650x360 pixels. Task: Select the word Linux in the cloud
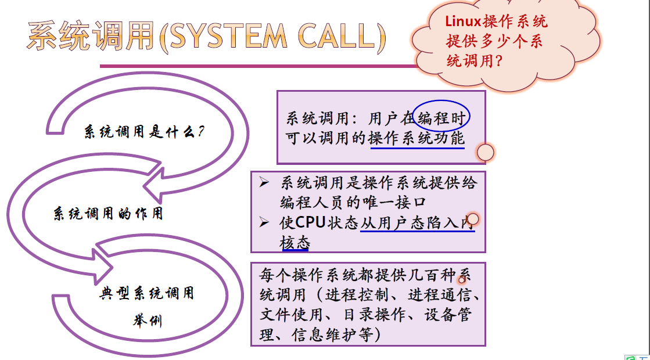[x=463, y=21]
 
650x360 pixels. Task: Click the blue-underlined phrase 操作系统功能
[x=416, y=138]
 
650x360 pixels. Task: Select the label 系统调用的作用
[x=108, y=214]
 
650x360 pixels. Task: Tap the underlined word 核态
[x=295, y=243]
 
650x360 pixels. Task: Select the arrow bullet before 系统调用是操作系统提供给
[x=265, y=183]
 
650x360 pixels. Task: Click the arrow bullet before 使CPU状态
[x=265, y=223]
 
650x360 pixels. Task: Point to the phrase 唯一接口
[x=401, y=202]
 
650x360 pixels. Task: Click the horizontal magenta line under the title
[x=261, y=66]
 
